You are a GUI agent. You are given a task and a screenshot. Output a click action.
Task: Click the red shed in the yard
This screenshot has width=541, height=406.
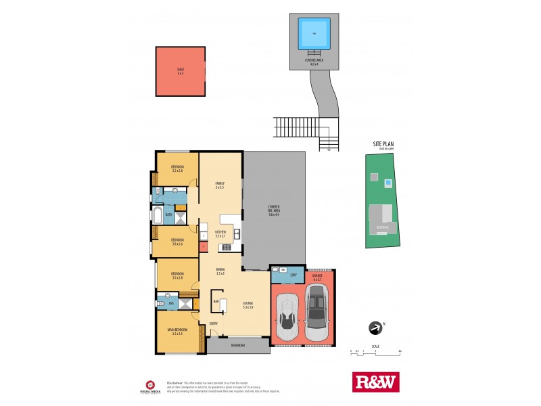(181, 71)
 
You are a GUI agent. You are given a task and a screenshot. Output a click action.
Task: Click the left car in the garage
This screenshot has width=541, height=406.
(288, 318)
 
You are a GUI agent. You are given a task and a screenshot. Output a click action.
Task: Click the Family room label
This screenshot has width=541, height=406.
(220, 185)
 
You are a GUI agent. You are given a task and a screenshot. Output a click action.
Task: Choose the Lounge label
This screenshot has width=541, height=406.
(248, 305)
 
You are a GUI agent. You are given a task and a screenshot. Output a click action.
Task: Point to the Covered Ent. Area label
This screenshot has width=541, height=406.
(274, 208)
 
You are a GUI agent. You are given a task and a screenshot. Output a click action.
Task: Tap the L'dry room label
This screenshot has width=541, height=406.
(293, 275)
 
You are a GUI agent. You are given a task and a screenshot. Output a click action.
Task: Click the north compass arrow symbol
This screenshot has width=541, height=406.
(374, 328)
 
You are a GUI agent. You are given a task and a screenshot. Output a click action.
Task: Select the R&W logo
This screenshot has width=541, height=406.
(376, 382)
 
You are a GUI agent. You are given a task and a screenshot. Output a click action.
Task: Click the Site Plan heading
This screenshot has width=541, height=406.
(383, 144)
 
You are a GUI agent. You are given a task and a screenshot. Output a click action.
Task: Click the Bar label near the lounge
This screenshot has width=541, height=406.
(216, 302)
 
